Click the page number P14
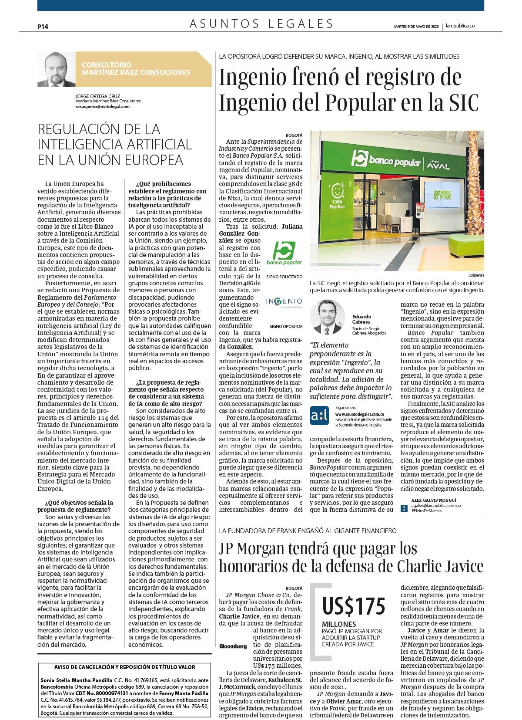43,26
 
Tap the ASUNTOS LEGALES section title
261,24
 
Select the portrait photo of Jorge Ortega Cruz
57,70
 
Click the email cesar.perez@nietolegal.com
102,106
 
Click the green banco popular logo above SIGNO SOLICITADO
284,253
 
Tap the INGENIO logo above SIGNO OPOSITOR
284,302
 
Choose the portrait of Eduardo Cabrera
327,317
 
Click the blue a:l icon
319,416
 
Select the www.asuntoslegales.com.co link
359,414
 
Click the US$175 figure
354,606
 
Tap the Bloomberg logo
233,646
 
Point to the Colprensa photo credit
476,275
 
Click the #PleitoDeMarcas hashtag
426,510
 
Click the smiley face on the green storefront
338,191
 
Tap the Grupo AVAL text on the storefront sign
438,162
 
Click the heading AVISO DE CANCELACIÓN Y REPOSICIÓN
124,667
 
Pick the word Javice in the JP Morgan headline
461,566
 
